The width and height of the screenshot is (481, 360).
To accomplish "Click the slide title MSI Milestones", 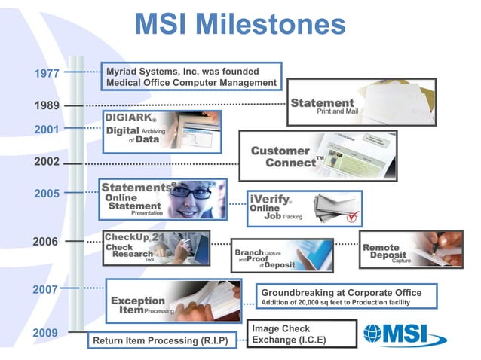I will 240,24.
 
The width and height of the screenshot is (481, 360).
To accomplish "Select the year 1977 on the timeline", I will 47,73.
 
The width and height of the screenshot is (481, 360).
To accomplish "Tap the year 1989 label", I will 47,105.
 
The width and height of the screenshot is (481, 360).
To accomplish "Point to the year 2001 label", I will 47,130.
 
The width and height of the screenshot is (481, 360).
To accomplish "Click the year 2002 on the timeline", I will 47,162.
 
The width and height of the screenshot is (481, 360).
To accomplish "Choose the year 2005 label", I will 47,194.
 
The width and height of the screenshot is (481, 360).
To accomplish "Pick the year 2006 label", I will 45,242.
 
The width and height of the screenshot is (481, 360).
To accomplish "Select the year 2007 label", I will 47,289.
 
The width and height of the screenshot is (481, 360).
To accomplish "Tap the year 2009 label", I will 47,332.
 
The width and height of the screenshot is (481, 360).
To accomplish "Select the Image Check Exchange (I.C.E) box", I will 301,334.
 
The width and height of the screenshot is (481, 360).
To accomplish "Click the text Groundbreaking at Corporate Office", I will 341,293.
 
